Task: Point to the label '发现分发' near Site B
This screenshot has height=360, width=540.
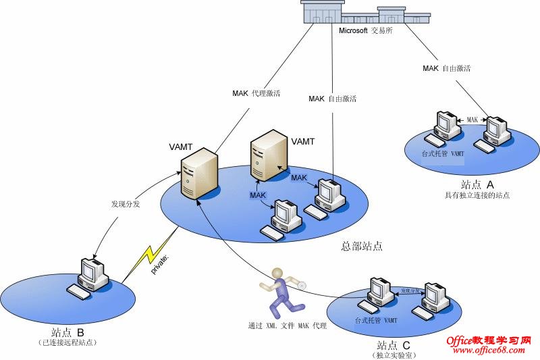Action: (x=126, y=203)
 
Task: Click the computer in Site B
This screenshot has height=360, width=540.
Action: (x=90, y=276)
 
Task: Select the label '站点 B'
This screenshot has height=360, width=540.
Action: (x=67, y=332)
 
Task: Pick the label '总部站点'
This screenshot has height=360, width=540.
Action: (x=362, y=247)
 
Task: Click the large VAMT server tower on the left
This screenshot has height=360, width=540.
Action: (x=200, y=175)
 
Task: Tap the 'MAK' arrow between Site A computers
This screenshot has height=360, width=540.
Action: (x=473, y=120)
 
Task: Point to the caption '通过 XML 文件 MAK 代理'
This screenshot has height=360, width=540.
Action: (x=287, y=326)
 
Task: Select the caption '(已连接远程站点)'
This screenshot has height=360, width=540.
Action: (x=67, y=343)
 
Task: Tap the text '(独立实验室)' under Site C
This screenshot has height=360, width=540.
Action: (x=391, y=354)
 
